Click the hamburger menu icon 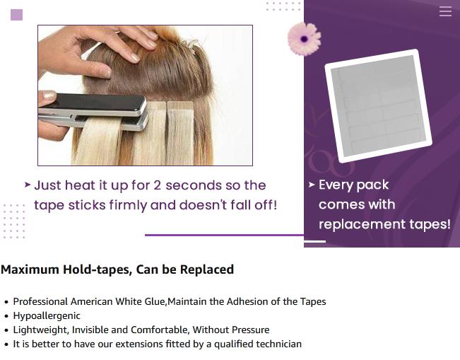point(445,11)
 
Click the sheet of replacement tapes point(378,105)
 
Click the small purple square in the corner point(17,15)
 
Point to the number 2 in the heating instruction point(157,185)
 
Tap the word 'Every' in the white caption point(334,185)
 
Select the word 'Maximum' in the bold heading point(29,269)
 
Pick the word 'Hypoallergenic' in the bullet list point(47,315)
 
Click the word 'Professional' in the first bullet point(40,301)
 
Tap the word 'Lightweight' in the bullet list point(40,330)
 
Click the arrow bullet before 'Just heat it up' point(28,185)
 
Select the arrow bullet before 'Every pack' point(312,185)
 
